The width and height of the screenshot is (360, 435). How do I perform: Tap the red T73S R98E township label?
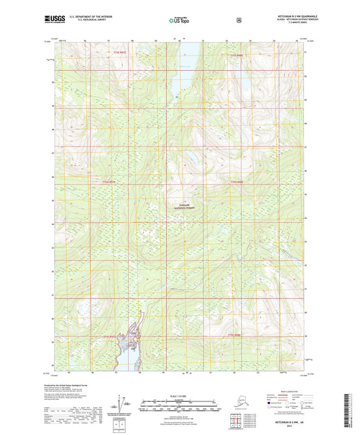pyautogui.click(x=236, y=55)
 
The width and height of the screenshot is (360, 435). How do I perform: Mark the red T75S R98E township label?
pyautogui.click(x=234, y=335)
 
